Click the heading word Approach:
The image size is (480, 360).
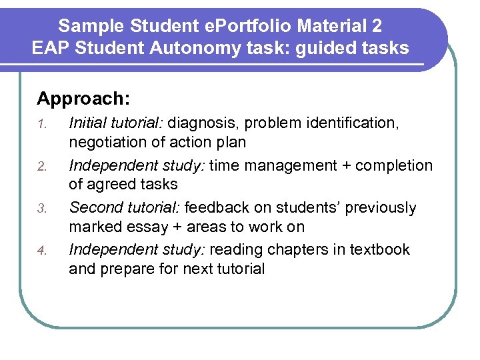[83, 99]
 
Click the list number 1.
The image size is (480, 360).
[41, 124]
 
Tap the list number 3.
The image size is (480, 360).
[41, 209]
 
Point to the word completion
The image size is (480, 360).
[395, 166]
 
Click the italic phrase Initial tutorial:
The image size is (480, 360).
[116, 123]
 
